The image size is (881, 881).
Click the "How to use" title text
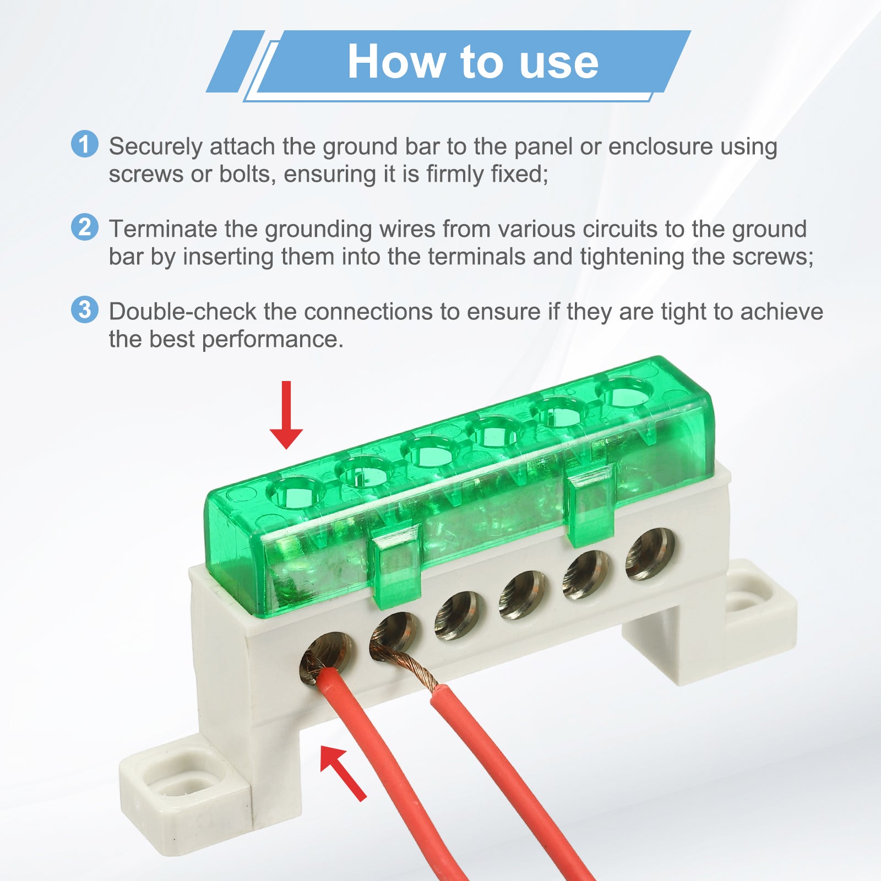pos(472,62)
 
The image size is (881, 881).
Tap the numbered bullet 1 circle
pos(85,144)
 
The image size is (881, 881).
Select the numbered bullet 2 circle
pos(85,227)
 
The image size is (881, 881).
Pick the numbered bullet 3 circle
pos(85,309)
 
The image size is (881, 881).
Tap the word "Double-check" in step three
pos(182,312)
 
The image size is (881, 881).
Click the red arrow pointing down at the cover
pos(286,415)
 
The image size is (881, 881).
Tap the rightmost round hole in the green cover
pos(624,392)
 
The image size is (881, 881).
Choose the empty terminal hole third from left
pos(459,616)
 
